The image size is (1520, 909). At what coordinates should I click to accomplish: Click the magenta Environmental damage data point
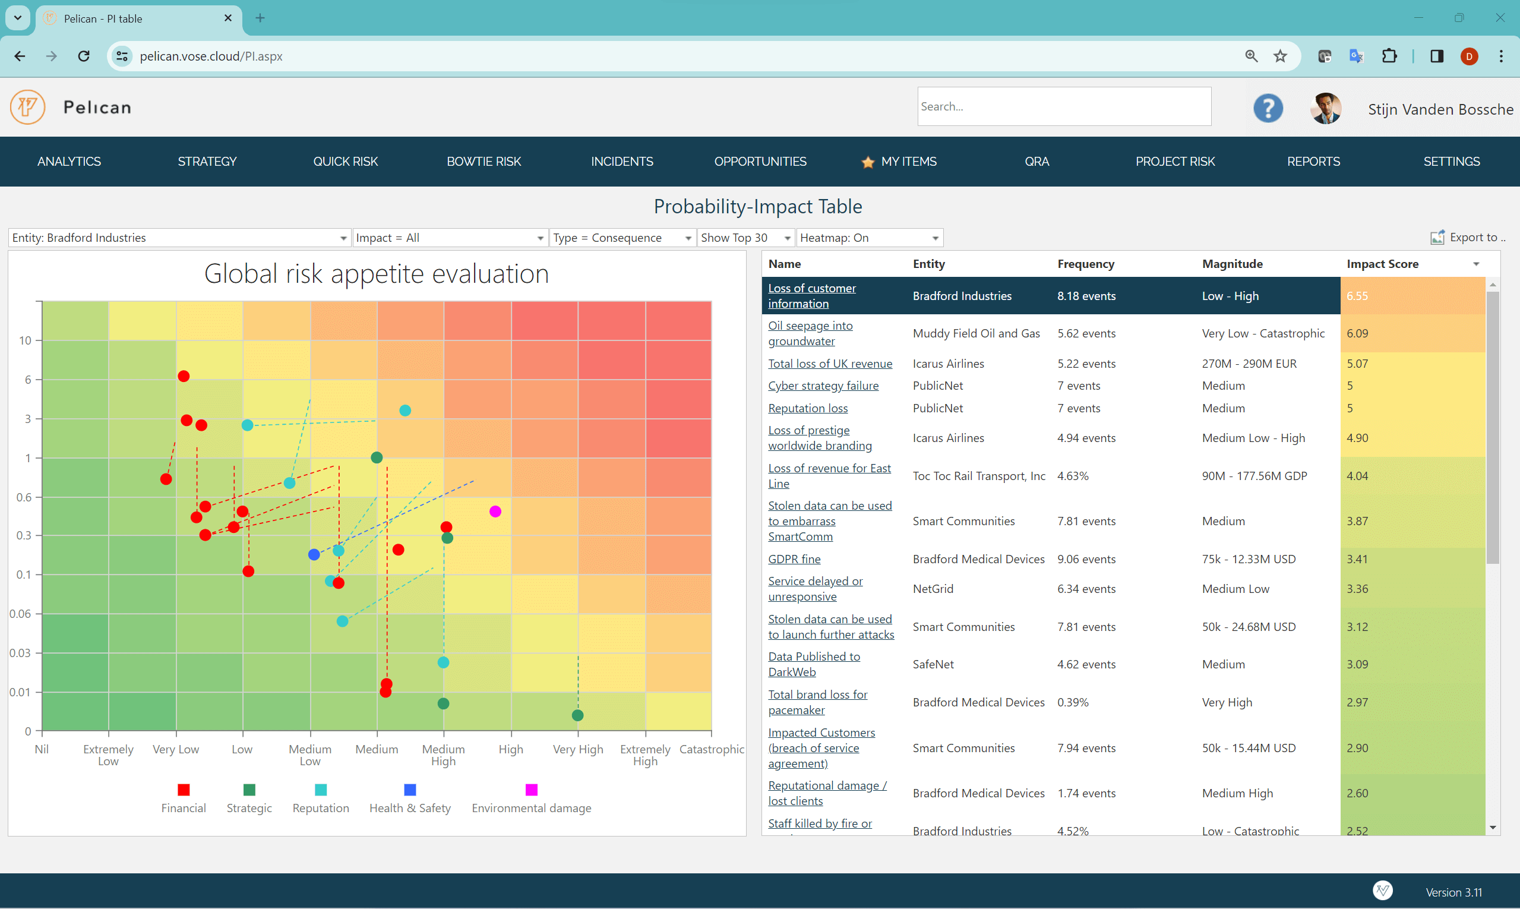495,512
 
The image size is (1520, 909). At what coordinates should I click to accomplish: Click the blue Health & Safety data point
314,554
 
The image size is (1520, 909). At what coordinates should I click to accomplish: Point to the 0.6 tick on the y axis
24,497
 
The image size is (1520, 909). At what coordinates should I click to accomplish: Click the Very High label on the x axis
577,749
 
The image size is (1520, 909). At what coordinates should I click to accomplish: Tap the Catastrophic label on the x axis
711,749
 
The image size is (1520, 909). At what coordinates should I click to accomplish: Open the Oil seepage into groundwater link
810,333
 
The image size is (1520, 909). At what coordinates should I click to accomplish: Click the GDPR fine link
794,558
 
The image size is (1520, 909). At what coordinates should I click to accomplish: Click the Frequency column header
1085,264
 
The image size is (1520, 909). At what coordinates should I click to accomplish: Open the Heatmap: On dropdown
868,238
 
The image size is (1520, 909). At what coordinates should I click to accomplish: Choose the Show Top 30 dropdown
745,238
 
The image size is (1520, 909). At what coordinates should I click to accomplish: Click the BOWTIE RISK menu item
483,161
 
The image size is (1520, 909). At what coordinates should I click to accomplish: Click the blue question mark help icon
1267,108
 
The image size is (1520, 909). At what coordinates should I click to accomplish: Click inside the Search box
1063,106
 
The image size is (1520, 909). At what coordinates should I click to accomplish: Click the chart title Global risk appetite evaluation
376,274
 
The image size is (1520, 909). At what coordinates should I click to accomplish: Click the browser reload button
84,56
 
